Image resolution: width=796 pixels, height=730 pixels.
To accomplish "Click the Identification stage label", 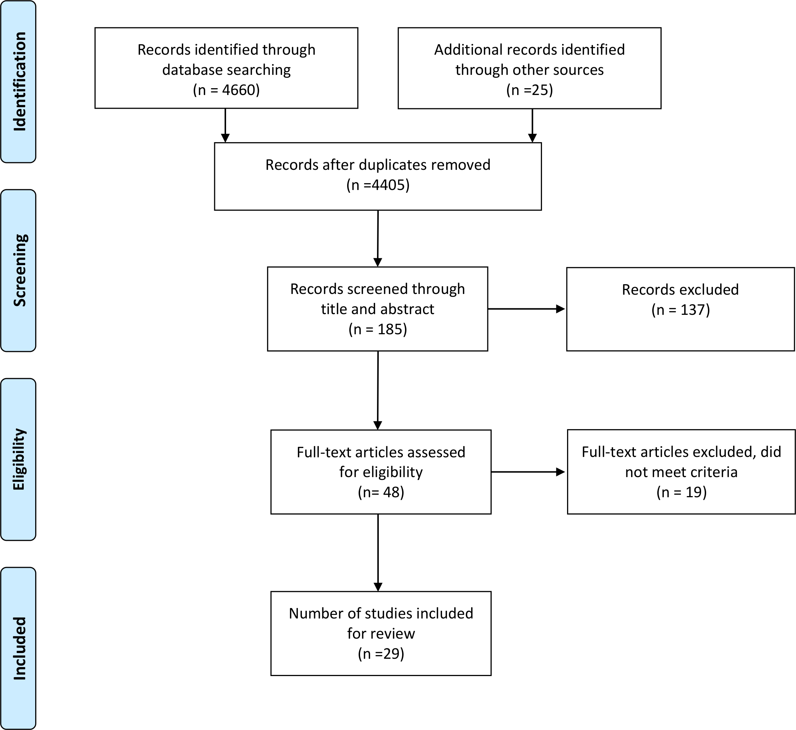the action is point(19,81).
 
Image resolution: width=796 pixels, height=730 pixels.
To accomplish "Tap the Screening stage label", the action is point(19,270).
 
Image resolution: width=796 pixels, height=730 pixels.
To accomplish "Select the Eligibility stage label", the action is point(19,459).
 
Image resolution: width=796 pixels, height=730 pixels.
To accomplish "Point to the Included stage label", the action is point(19,648).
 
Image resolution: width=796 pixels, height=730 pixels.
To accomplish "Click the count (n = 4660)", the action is point(226,90).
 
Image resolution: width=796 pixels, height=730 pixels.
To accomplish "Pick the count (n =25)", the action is point(529,90).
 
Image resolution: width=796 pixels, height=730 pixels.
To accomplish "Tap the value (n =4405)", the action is point(378,185).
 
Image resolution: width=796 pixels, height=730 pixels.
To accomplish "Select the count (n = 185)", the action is point(377,329).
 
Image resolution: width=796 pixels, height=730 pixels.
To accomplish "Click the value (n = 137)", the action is point(680,310).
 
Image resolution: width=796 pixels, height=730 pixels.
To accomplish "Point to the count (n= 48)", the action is point(381,492).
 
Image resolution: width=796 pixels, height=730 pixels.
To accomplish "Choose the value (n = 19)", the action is point(681,492).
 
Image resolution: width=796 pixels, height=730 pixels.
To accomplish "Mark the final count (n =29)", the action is point(381,654).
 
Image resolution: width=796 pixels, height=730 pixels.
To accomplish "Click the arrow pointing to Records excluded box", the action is point(526,309).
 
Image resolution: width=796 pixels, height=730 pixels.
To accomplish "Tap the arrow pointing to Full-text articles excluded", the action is point(528,472).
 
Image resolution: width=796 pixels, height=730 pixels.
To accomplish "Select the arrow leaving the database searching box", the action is point(225,125).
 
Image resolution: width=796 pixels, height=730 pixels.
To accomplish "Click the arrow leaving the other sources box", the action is point(532,125).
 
